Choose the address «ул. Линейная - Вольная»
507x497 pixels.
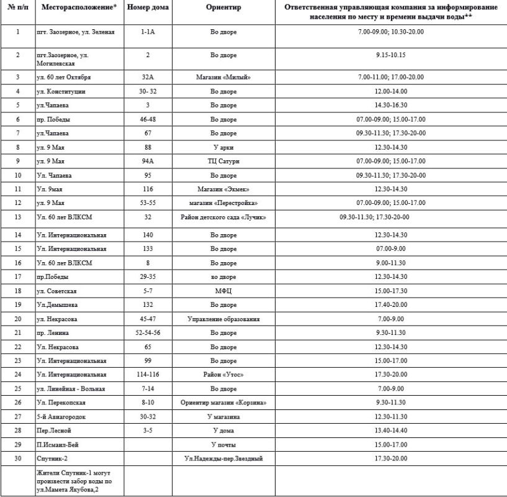pos(71,388)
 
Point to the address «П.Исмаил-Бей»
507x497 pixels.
pos(58,444)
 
